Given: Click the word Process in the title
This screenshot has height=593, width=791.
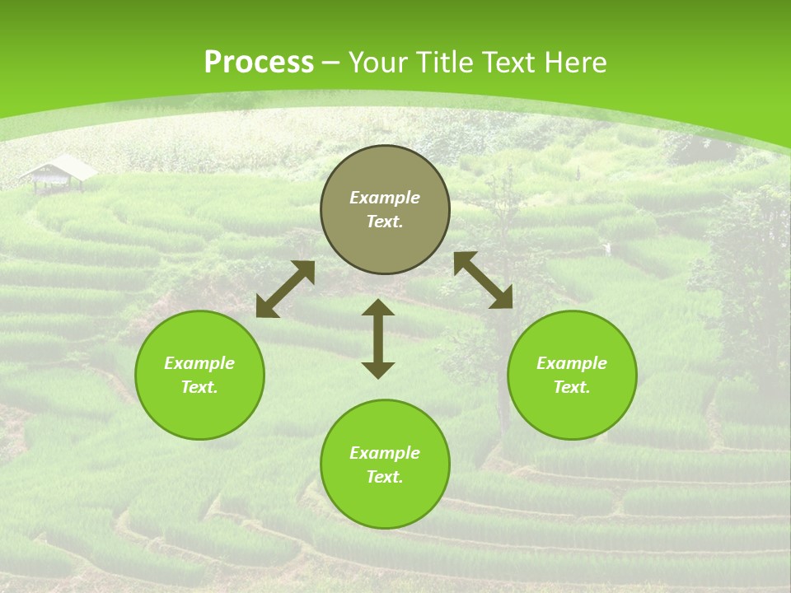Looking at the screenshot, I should click(259, 63).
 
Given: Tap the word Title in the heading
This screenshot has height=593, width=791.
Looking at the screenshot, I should click(447, 63).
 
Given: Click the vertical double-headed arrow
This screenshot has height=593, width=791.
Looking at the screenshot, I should click(378, 339).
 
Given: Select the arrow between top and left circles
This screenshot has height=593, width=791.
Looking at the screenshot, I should click(285, 289).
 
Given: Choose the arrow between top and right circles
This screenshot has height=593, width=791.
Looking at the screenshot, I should click(483, 280).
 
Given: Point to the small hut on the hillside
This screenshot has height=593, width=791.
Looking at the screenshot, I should click(58, 172).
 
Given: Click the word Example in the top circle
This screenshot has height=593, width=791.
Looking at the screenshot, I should click(385, 198).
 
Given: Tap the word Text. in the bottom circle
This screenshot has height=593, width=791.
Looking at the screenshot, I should click(385, 477).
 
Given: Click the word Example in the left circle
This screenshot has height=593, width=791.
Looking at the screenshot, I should click(199, 363).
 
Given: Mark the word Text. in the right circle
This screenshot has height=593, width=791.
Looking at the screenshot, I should click(572, 387).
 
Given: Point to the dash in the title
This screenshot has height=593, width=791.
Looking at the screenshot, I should click(331, 63).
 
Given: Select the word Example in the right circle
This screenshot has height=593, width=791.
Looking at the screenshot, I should click(572, 363).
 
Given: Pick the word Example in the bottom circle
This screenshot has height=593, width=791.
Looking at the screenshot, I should click(385, 453).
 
